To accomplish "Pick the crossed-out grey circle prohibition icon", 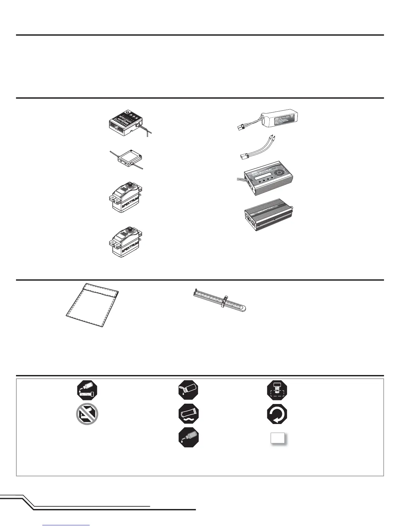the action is coord(87,415).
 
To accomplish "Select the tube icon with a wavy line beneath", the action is coord(189,415).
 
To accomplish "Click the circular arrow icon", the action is coord(277,415).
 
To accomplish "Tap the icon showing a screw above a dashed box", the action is coord(277,390).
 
